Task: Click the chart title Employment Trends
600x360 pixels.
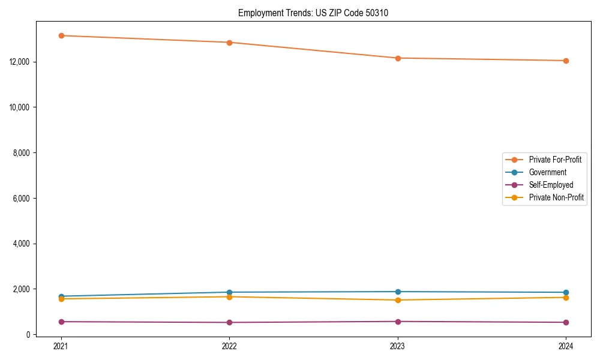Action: tap(313, 13)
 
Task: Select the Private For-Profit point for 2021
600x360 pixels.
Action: tap(61, 35)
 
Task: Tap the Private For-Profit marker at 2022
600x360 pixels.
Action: tap(229, 43)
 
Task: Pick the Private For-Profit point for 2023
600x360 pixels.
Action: tap(397, 58)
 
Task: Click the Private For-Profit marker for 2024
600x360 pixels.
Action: tap(566, 61)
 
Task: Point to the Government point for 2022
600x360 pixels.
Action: tap(229, 292)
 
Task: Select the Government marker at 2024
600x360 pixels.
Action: tap(566, 292)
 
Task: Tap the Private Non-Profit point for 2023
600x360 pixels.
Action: tap(397, 300)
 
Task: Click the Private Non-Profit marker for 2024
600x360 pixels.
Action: tap(566, 298)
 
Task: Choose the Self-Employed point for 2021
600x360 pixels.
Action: tap(61, 322)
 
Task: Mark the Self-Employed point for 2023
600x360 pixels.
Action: tap(397, 322)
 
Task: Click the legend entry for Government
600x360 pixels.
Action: tap(547, 172)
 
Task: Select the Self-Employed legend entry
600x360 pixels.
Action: tap(551, 185)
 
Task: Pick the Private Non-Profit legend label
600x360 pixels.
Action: tap(556, 197)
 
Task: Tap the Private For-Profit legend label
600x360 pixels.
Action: tap(555, 160)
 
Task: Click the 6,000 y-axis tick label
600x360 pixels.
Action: tap(28, 198)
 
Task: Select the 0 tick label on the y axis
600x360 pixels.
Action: tap(35, 335)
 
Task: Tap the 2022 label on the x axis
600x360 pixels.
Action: tap(229, 346)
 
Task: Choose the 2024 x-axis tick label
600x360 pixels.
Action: tap(566, 346)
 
